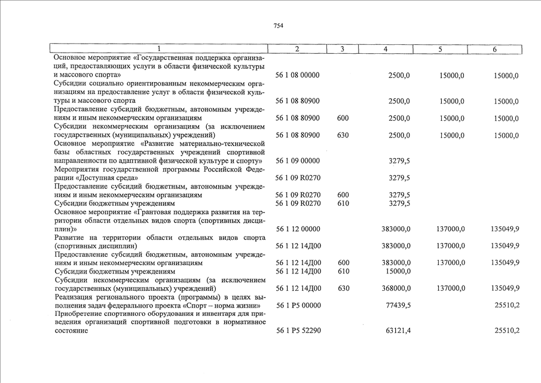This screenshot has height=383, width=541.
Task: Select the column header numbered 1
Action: (159, 49)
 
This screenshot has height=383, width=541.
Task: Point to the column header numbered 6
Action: (494, 49)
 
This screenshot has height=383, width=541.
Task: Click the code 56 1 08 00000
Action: (298, 75)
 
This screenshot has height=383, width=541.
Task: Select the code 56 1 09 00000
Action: (298, 161)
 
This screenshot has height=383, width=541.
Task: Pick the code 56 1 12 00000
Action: (298, 229)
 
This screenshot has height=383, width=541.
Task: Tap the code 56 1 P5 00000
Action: (298, 305)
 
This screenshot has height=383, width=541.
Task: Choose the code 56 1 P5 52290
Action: (298, 331)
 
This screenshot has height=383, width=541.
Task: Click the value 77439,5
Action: (398, 305)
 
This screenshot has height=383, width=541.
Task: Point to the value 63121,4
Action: (398, 331)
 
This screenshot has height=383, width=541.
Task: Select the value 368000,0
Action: (396, 288)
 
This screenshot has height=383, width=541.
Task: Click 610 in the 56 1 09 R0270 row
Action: (343, 203)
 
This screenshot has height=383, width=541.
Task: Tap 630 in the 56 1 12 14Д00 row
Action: (343, 288)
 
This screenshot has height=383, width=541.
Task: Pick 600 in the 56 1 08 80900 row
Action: (343, 118)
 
